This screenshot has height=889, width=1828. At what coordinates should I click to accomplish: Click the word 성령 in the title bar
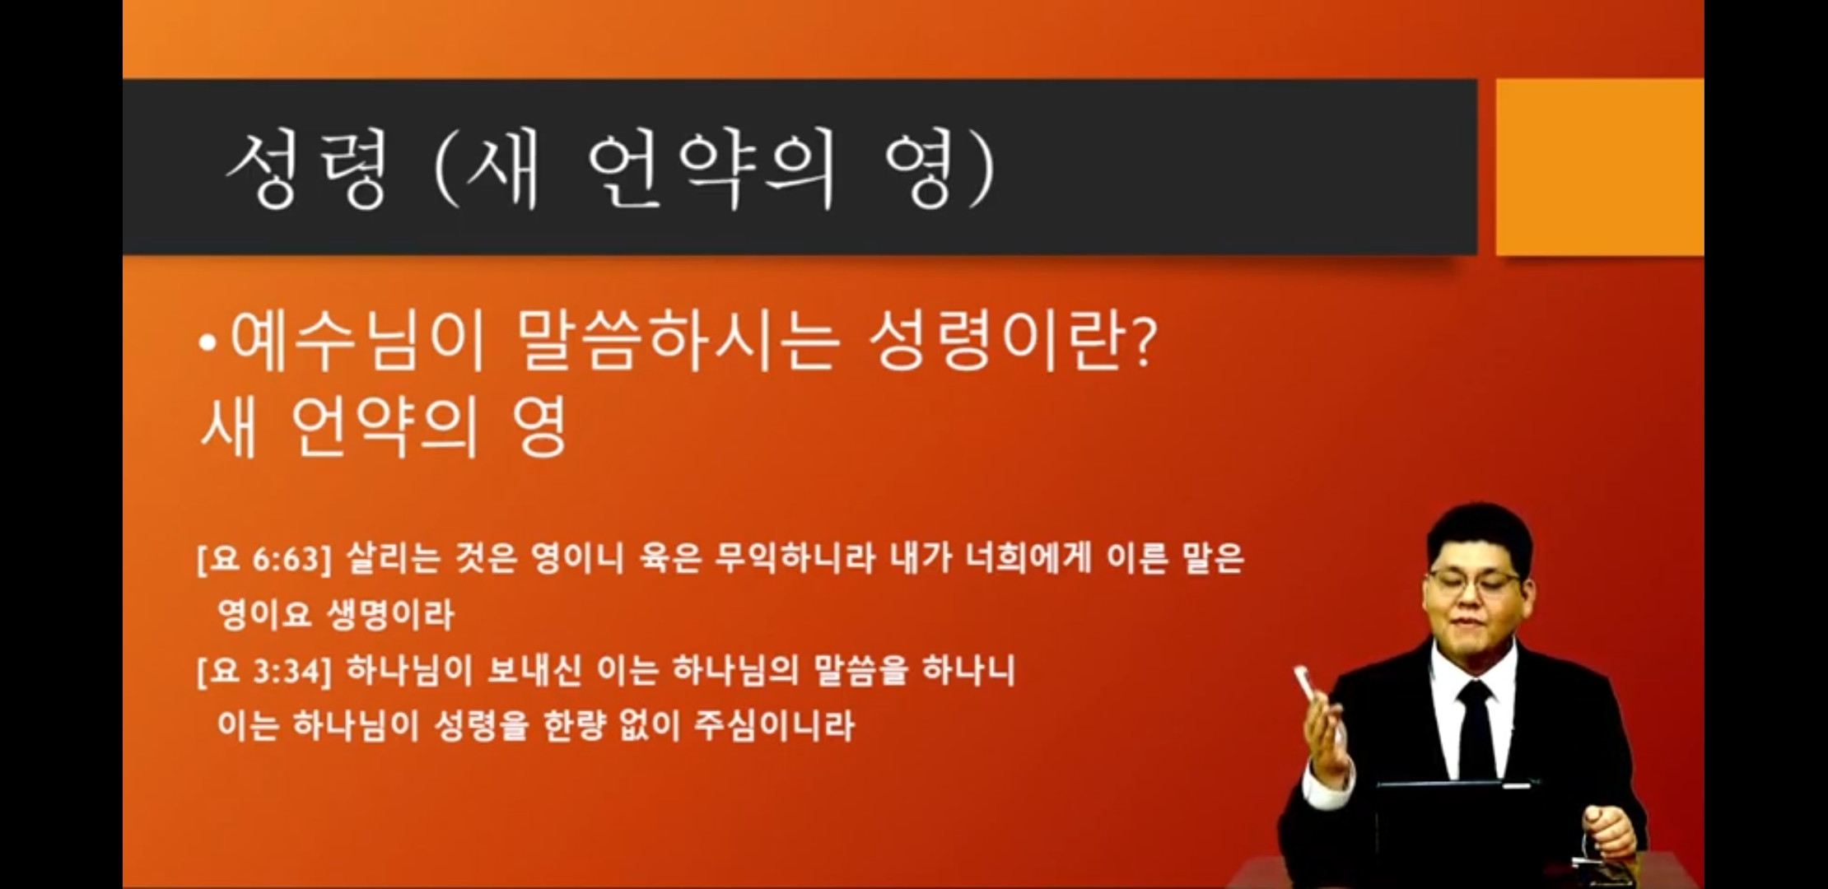pos(306,170)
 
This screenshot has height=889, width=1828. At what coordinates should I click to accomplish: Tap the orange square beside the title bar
pos(1599,167)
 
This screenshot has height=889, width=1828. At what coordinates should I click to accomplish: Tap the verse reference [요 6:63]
pos(263,560)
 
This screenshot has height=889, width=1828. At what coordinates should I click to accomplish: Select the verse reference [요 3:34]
pos(263,672)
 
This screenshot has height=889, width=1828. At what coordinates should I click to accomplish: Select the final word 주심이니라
pos(774,726)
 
